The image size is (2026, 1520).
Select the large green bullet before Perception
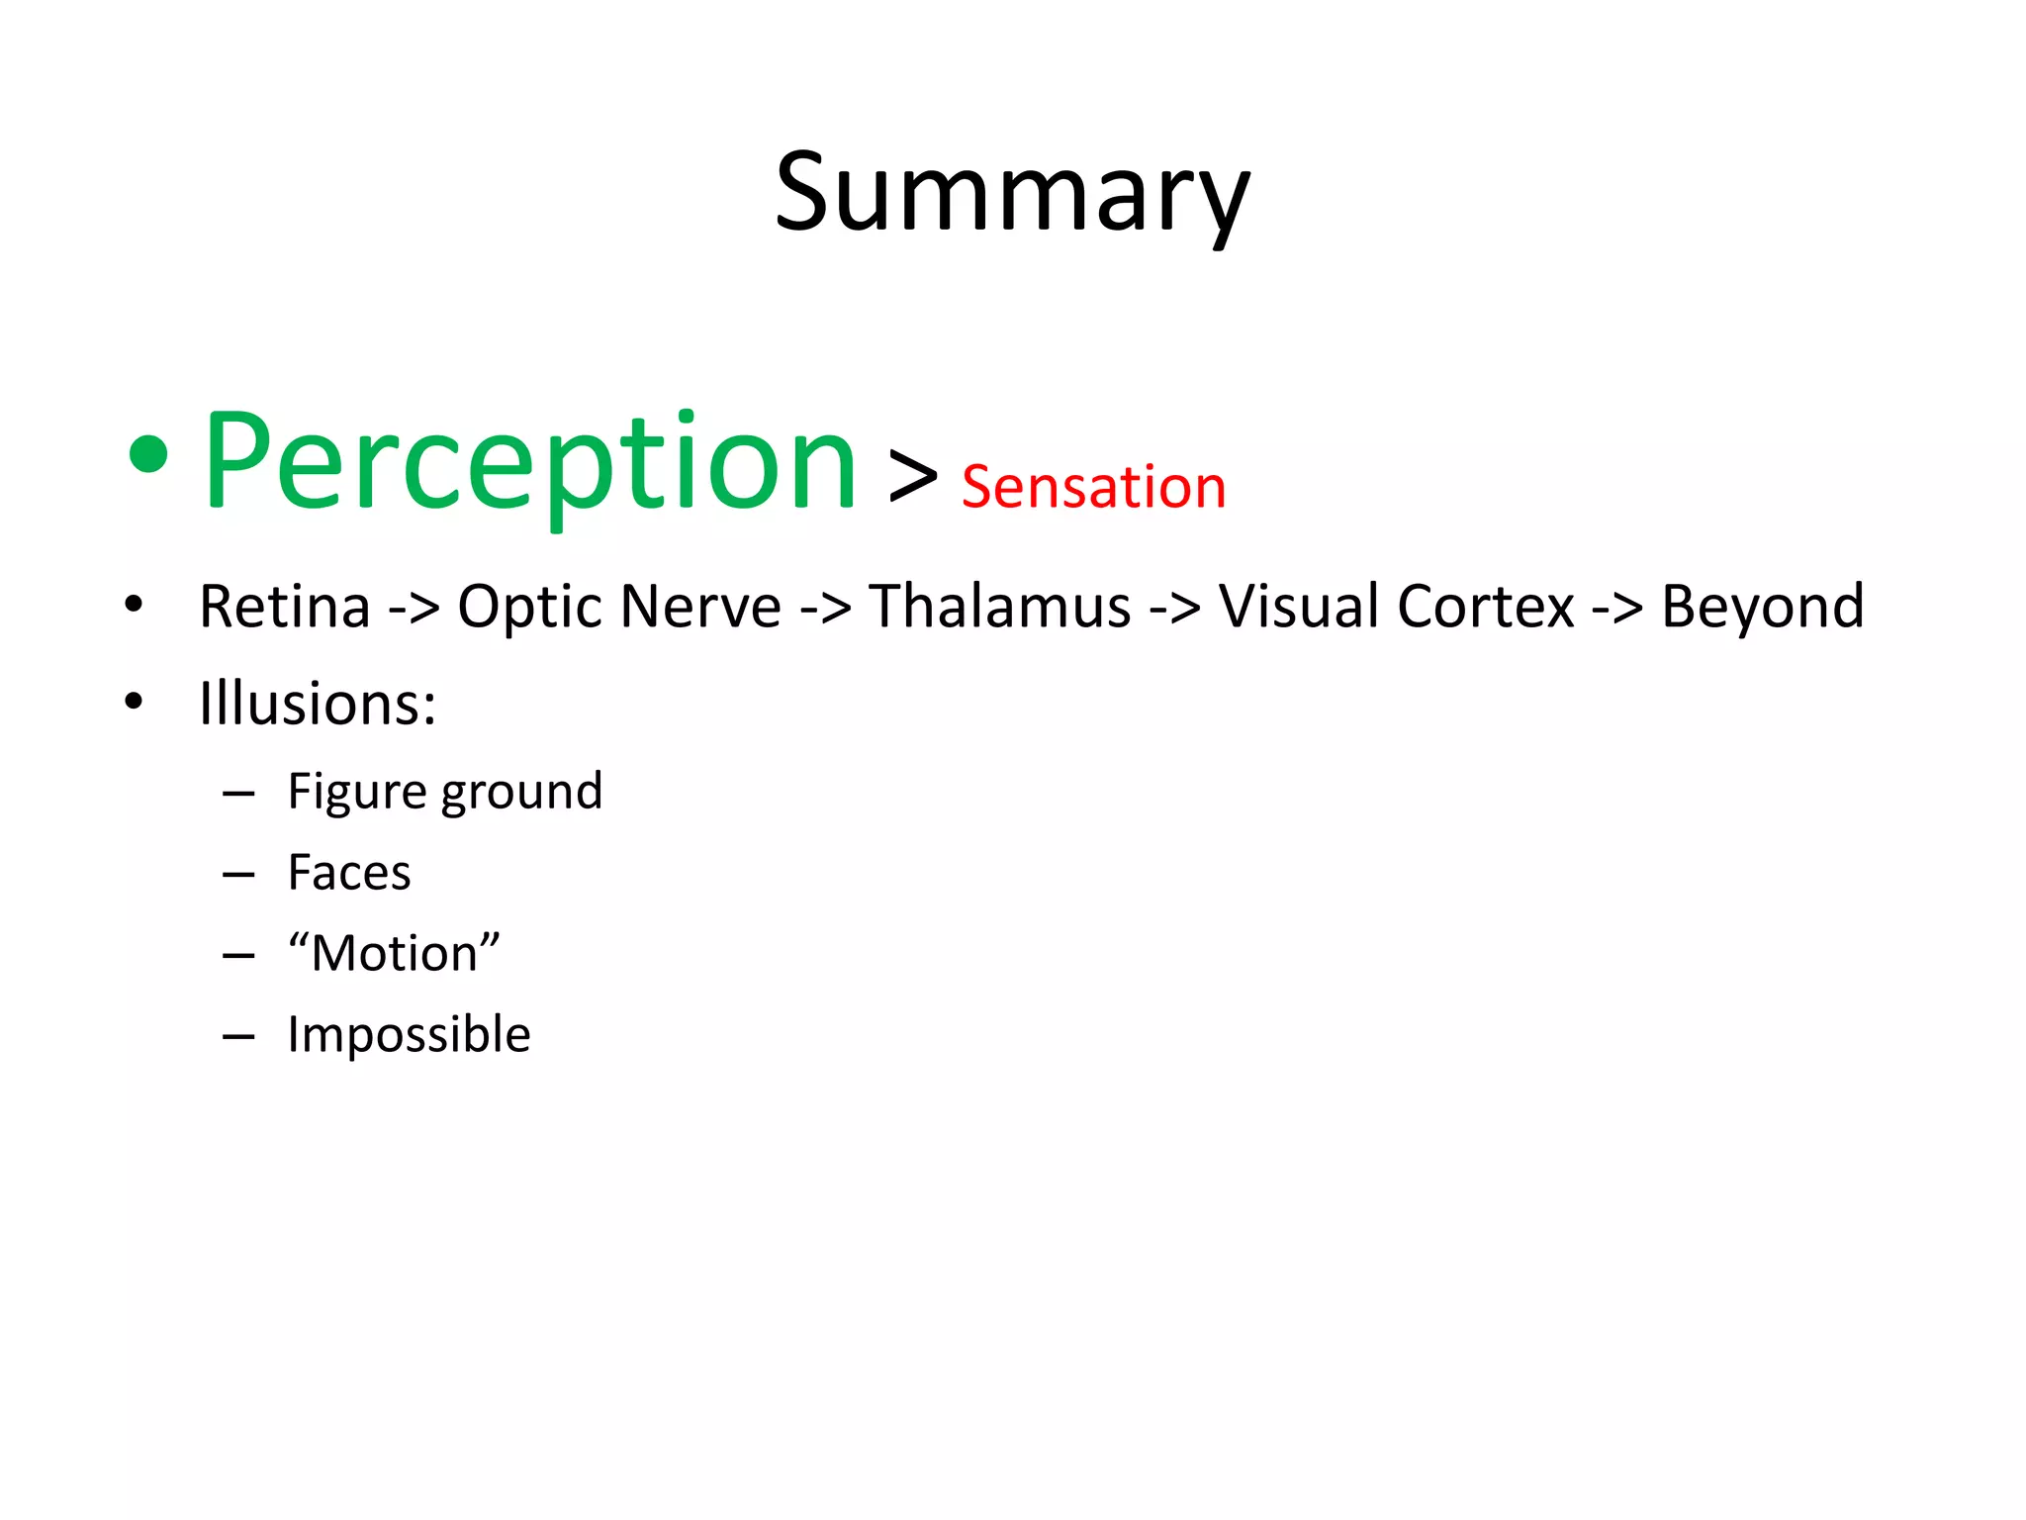(148, 457)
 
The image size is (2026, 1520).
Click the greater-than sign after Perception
(912, 478)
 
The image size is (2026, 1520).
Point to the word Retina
(285, 607)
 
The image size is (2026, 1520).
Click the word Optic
(535, 607)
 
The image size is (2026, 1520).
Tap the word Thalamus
(999, 607)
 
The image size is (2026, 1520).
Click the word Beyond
(1762, 607)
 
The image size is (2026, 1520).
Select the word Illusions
(317, 704)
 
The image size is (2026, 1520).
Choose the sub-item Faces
(349, 873)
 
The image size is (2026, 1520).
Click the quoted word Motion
(394, 954)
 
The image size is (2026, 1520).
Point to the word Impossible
(409, 1035)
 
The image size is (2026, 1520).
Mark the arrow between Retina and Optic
(414, 609)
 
